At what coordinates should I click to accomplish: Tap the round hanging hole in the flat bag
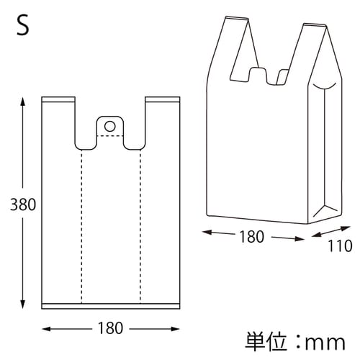(x=110, y=126)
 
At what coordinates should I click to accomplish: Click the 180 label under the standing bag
(x=251, y=235)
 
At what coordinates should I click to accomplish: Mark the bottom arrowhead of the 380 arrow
(x=24, y=306)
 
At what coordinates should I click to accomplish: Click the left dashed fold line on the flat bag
(x=81, y=223)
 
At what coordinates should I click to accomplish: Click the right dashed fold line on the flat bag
(x=140, y=223)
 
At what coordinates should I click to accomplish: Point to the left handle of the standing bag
(x=234, y=47)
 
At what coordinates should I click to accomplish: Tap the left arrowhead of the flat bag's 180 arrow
(x=46, y=328)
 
